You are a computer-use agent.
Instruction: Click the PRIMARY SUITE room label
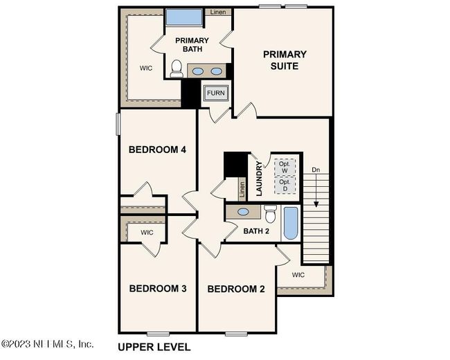coord(285,60)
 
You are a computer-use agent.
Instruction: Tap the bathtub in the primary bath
coord(183,18)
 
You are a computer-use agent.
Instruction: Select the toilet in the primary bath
coord(177,69)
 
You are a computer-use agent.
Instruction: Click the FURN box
coord(215,92)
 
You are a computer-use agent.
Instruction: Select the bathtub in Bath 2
coord(290,223)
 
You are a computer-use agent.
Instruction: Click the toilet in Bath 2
coord(270,214)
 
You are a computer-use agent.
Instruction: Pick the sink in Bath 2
coord(243,213)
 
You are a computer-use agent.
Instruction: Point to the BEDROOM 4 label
coord(157,150)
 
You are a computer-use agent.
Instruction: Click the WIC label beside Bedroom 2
coord(298,275)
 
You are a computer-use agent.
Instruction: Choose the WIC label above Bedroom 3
coord(147,233)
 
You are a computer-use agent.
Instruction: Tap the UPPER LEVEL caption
coord(154,347)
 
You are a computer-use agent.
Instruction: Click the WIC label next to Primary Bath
coord(145,68)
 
